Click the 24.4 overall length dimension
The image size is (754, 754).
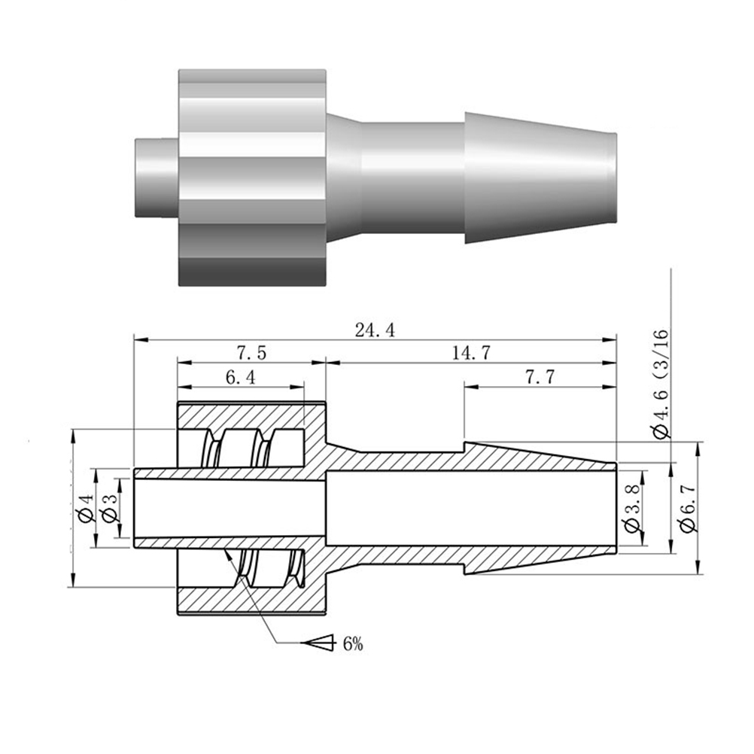coord(375,330)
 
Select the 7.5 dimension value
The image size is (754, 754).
coord(251,354)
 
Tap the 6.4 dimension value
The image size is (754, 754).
coord(241,378)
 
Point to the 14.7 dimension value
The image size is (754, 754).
coord(471,354)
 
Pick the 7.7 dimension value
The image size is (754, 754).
coord(540,378)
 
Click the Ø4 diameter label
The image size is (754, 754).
coord(86,507)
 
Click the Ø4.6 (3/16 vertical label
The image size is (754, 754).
coord(661,384)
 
